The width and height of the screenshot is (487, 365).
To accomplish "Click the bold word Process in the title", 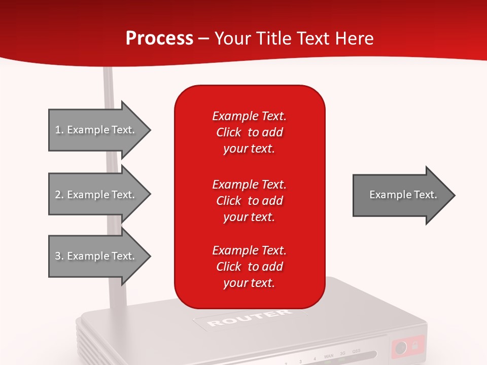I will pyautogui.click(x=159, y=39).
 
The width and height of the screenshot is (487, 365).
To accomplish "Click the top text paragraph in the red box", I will pyautogui.click(x=249, y=132).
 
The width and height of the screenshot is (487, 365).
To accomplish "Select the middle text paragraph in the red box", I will pyautogui.click(x=249, y=201).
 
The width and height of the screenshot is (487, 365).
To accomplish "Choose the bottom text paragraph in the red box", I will pyautogui.click(x=249, y=267).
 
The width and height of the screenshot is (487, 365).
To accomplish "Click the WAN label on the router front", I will pyautogui.click(x=328, y=357).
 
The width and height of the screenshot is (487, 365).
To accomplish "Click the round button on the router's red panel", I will pyautogui.click(x=401, y=348).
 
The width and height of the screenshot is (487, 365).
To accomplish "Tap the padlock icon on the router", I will pyautogui.click(x=415, y=346).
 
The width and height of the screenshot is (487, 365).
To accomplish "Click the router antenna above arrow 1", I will pyautogui.click(x=108, y=86).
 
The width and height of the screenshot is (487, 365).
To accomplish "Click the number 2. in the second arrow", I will pyautogui.click(x=59, y=195).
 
